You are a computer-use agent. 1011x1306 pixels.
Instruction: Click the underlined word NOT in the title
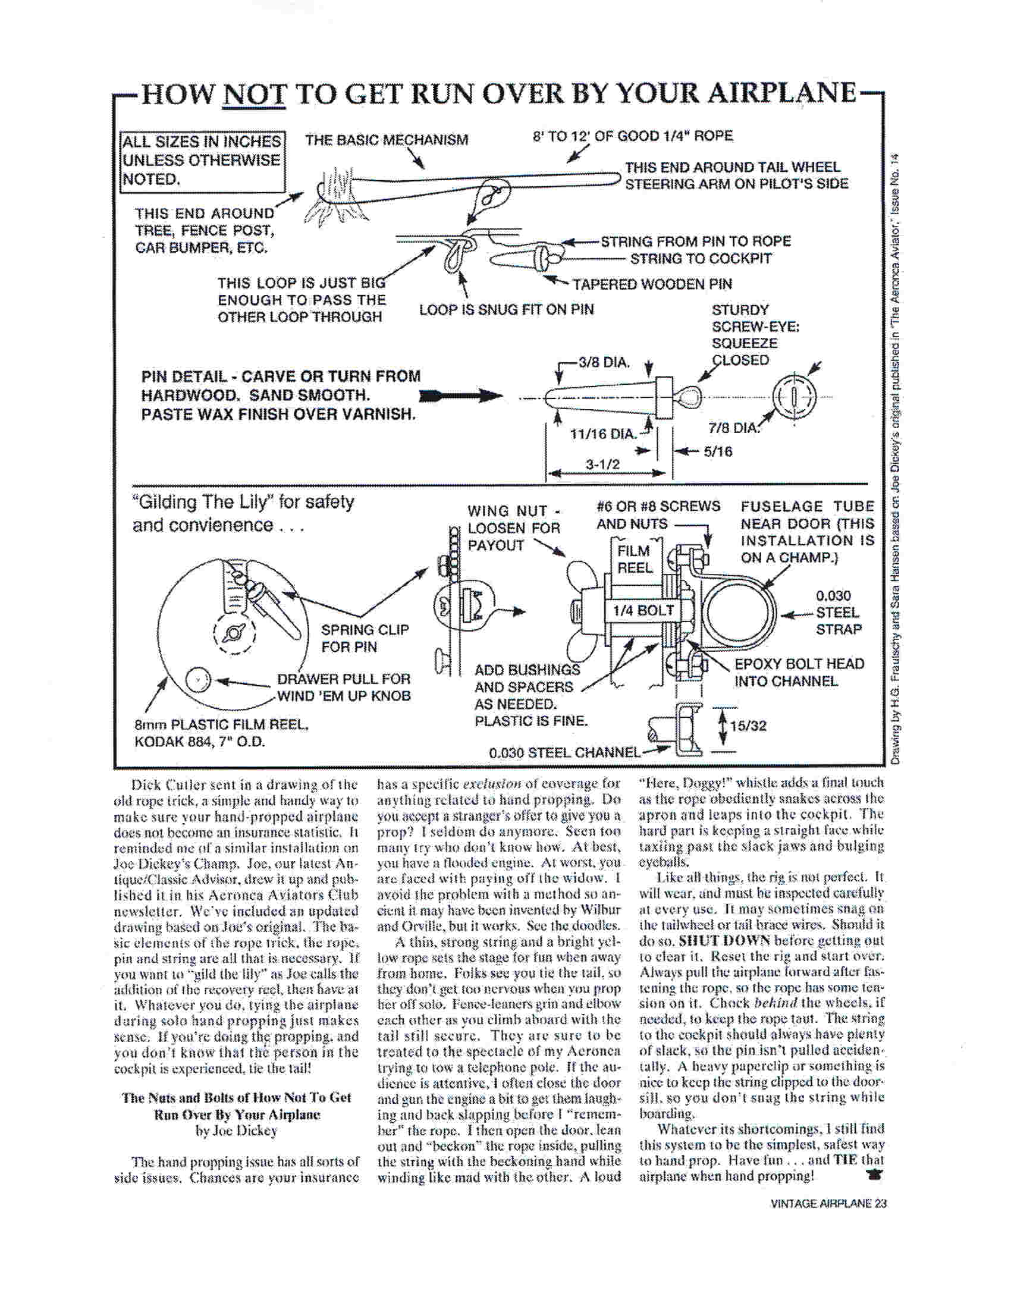coord(253,95)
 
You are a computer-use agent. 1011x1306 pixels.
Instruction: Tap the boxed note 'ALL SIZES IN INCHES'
coord(202,142)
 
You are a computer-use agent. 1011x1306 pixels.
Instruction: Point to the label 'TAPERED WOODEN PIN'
coord(652,284)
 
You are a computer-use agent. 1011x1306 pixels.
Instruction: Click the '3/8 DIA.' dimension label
coord(604,362)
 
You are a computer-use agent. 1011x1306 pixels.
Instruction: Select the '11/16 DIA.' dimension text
coord(602,434)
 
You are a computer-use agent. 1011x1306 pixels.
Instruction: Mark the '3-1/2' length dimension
coord(603,464)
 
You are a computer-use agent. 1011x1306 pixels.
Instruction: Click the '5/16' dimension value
coord(718,451)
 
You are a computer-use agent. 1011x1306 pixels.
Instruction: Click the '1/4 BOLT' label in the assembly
coord(643,611)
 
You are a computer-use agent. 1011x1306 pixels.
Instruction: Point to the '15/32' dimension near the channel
coord(748,726)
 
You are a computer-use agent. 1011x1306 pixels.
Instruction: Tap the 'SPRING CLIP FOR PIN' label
coord(365,638)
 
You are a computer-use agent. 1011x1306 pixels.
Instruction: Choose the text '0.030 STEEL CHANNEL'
coord(564,752)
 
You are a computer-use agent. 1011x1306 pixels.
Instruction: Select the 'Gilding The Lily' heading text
coord(243,503)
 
